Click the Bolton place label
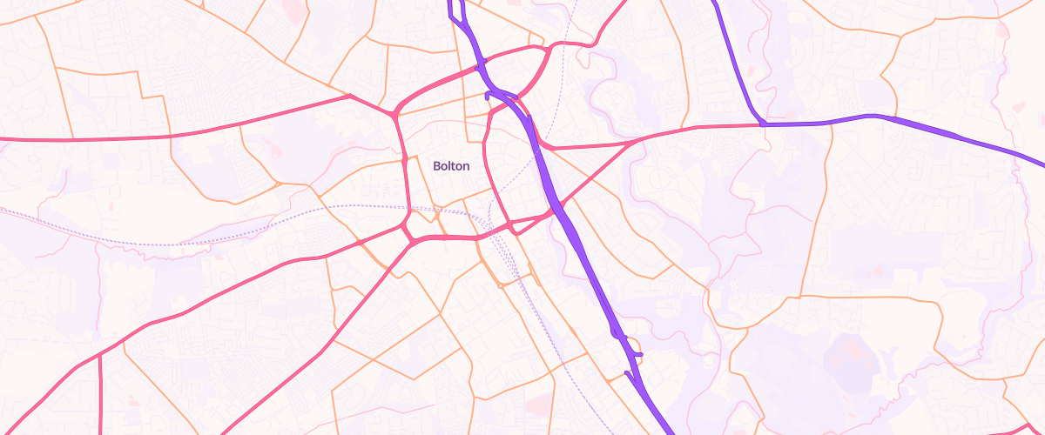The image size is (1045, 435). coord(451,166)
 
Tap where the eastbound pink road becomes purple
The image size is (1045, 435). coord(763,124)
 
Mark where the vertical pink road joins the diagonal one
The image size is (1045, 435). coord(100,354)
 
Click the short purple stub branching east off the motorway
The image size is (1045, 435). coord(636,354)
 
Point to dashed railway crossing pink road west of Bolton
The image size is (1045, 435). coord(408,208)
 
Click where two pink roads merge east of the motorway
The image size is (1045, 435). coord(641,139)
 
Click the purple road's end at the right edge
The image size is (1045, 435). coord(1042,162)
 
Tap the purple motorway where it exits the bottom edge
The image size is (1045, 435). coord(670,432)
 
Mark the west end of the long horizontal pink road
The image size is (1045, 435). coord(3,138)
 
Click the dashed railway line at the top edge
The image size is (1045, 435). coord(576,3)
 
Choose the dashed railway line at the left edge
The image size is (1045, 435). coord(3,210)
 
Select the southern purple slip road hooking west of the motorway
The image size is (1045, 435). coord(628,374)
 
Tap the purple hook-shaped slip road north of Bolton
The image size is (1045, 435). coord(489,93)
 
